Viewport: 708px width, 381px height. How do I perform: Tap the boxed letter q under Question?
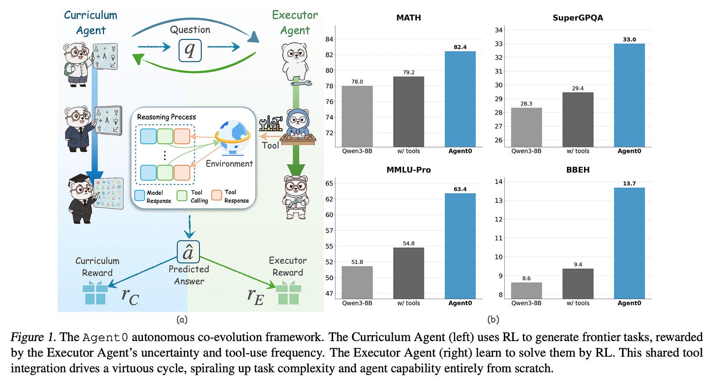190,50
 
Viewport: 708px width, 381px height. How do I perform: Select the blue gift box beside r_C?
95,294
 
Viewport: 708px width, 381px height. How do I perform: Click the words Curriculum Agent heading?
90,22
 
